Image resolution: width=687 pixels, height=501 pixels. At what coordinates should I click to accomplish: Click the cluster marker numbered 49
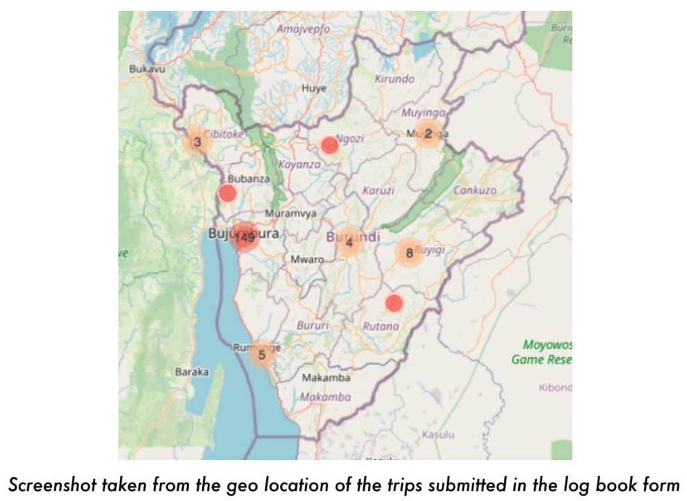point(245,237)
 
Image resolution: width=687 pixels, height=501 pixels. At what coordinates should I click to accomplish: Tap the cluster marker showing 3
point(197,142)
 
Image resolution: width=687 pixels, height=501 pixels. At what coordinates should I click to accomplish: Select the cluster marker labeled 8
point(409,253)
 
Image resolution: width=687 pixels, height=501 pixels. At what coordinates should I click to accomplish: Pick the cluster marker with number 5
point(262,355)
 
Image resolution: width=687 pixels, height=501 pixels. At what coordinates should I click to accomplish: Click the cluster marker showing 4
point(349,242)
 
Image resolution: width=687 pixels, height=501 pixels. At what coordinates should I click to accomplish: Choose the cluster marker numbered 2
point(428,133)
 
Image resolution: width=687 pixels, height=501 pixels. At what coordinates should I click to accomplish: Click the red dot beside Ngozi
point(329,145)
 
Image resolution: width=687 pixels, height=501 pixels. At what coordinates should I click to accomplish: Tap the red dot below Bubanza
point(227,193)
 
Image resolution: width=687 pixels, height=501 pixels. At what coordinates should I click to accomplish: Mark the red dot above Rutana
point(394,303)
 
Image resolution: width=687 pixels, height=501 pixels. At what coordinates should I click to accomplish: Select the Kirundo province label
point(395,79)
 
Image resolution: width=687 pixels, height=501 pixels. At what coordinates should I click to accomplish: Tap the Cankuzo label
point(475,190)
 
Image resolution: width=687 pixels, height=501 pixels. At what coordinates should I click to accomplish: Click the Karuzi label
point(379,190)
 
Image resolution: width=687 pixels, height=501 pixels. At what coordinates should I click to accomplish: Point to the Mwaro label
point(307,259)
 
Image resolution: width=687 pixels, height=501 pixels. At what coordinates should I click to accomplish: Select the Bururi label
point(310,324)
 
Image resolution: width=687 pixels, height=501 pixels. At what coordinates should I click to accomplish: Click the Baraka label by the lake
point(191,372)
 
